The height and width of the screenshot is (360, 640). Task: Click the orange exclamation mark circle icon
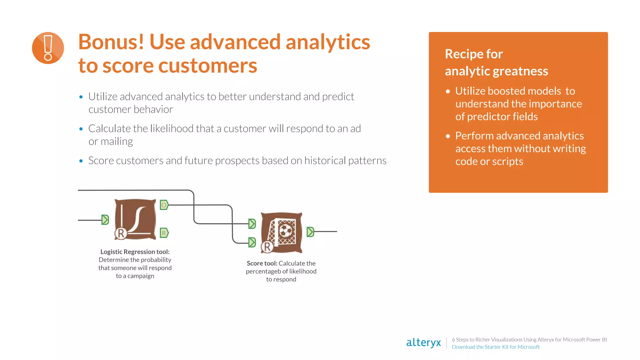click(x=48, y=48)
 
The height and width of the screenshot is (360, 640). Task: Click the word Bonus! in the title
click(x=111, y=42)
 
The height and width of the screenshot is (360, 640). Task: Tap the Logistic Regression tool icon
click(x=135, y=219)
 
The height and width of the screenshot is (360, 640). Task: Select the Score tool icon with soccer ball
click(x=282, y=232)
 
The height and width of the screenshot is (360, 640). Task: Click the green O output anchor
click(x=164, y=205)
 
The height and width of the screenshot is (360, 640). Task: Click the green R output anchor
click(x=164, y=233)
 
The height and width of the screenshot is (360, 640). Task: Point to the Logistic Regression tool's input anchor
click(x=105, y=220)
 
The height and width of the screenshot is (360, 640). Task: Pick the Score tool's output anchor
click(x=310, y=232)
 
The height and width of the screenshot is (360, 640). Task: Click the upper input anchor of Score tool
click(x=252, y=224)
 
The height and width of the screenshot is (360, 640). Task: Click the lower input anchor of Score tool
click(x=252, y=242)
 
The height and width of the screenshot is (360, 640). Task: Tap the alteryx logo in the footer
click(x=423, y=342)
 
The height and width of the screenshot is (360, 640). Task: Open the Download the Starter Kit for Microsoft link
click(x=496, y=347)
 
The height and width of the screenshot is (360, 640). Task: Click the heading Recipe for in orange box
click(x=474, y=54)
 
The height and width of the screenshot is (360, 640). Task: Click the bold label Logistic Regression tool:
click(x=135, y=252)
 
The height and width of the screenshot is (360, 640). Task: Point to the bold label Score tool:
click(x=262, y=263)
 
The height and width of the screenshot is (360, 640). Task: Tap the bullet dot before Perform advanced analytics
click(x=448, y=136)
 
